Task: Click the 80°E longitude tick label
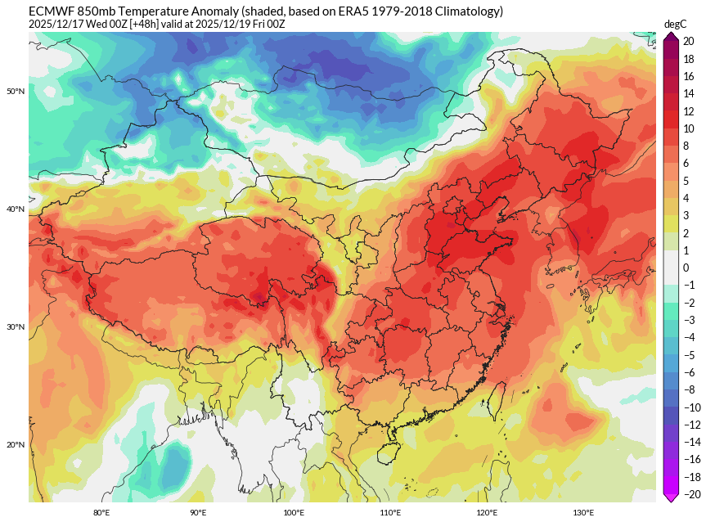(101, 513)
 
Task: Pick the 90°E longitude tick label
(198, 513)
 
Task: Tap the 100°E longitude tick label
(294, 513)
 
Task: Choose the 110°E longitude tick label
(390, 513)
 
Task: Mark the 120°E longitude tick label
(487, 513)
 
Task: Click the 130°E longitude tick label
(583, 513)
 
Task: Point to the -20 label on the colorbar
(688, 493)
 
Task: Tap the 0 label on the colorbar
(686, 268)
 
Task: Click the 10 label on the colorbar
(688, 128)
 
